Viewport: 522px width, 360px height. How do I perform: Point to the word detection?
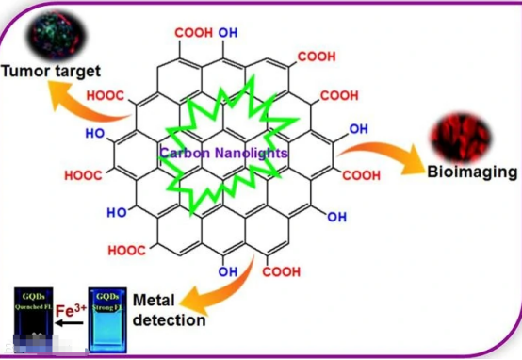(x=169, y=319)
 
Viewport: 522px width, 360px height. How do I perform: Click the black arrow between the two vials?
(x=69, y=323)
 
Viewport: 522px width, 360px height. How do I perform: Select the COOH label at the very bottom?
(x=282, y=272)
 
